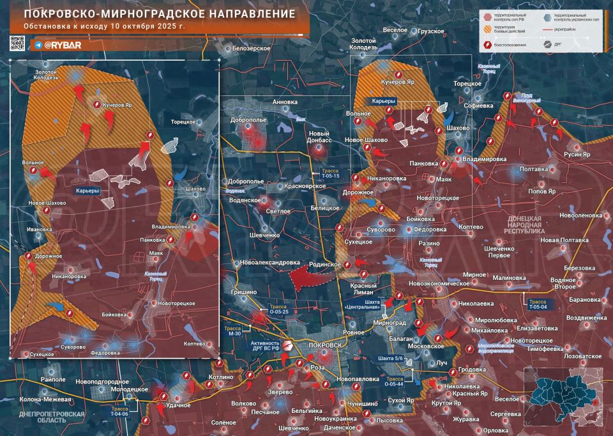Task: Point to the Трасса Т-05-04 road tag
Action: (536, 304)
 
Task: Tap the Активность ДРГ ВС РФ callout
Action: (265, 346)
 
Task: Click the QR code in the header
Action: (17, 44)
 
